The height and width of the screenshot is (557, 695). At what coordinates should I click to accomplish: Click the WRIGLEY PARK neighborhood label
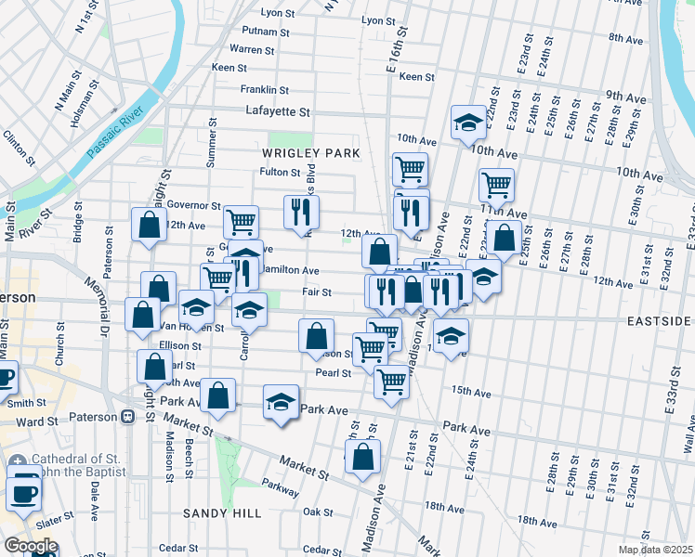pyautogui.click(x=309, y=152)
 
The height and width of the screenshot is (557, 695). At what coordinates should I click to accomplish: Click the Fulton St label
pyautogui.click(x=280, y=173)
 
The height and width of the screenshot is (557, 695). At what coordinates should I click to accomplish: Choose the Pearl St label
pyautogui.click(x=333, y=373)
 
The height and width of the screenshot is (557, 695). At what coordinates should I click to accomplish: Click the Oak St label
pyautogui.click(x=318, y=512)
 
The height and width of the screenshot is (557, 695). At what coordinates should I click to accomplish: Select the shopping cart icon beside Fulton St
pyautogui.click(x=410, y=169)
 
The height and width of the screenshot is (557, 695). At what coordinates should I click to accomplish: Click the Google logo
pyautogui.click(x=32, y=546)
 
